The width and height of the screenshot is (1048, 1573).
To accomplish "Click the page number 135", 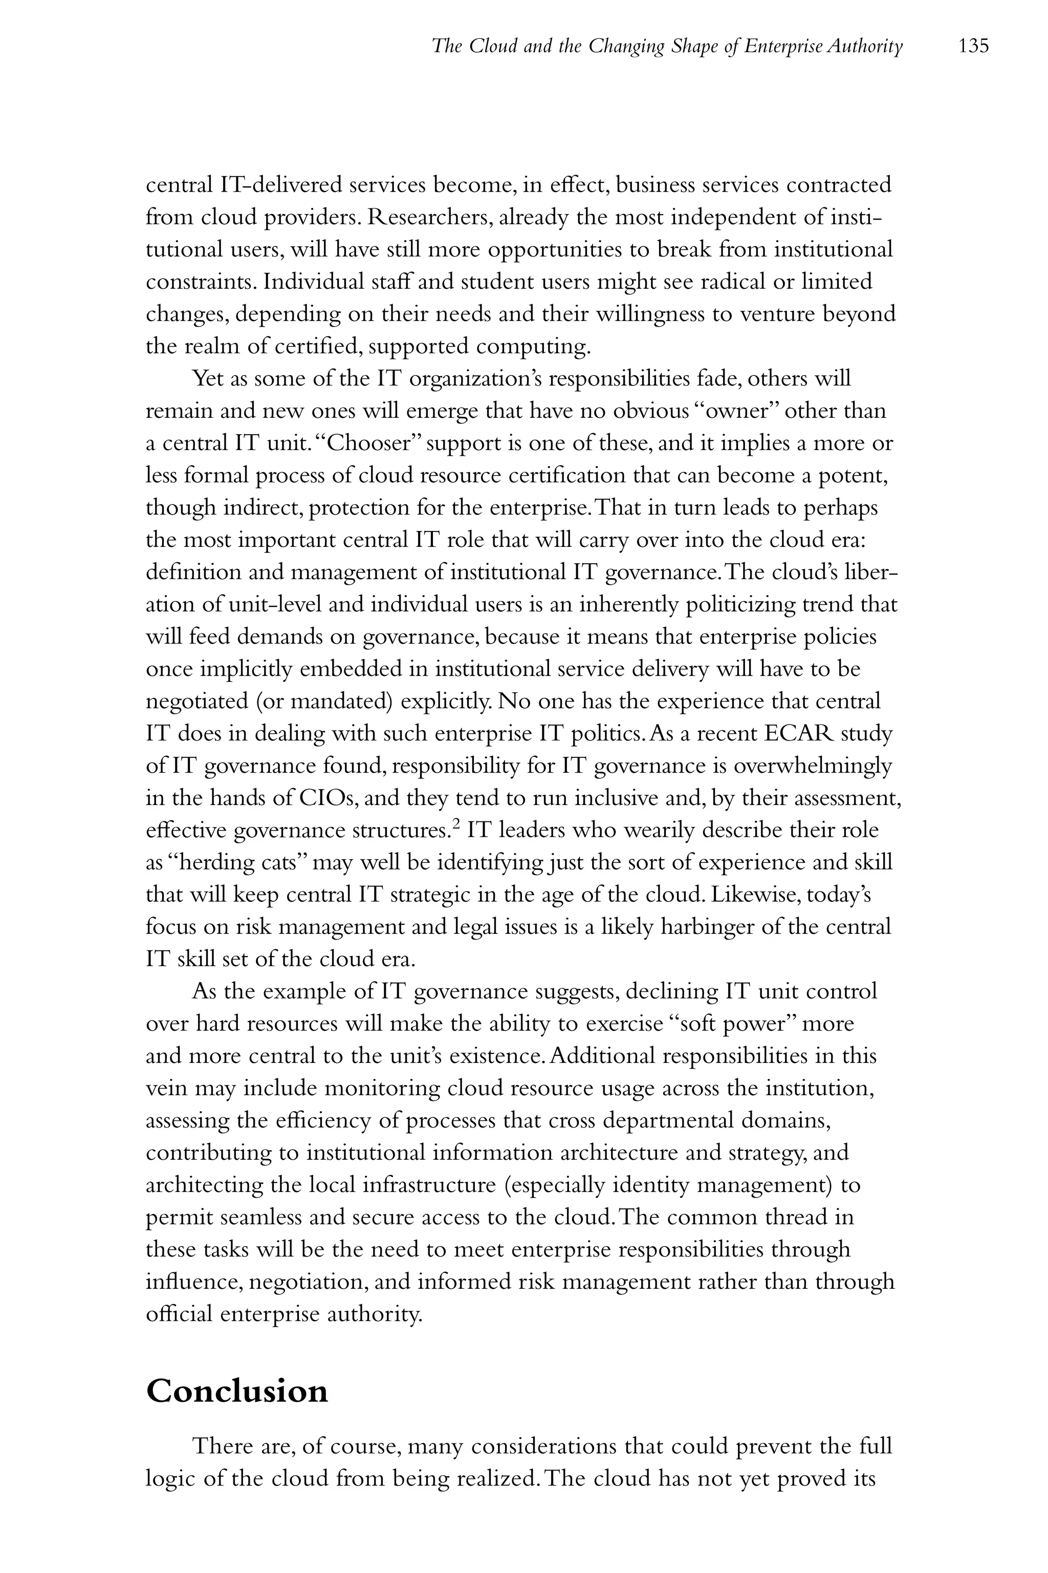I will tap(973, 46).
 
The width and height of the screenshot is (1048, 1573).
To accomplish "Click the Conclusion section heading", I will tap(237, 1391).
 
